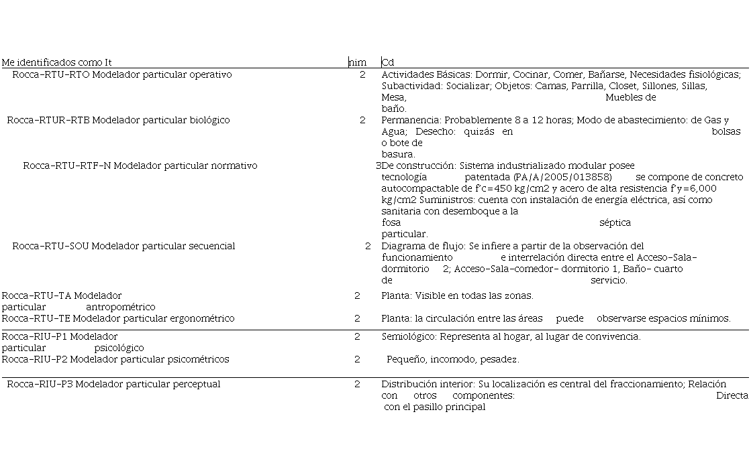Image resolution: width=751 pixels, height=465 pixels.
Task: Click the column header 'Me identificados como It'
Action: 56,62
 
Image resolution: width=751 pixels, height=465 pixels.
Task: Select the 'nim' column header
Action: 357,62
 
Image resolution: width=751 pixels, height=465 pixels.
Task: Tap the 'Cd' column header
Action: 388,62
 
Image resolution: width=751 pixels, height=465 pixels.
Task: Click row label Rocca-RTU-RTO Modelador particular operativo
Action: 121,74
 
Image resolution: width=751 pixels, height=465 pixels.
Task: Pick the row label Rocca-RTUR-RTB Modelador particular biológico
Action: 118,120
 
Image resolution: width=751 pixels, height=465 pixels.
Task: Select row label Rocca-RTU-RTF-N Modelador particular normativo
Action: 140,165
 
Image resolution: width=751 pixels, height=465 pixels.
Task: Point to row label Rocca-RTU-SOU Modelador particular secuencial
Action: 123,246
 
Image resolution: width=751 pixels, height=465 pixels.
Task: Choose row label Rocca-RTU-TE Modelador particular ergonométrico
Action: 118,318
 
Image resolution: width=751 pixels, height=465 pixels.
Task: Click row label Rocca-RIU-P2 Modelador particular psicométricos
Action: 115,359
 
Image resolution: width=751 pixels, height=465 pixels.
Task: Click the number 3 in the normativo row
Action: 378,165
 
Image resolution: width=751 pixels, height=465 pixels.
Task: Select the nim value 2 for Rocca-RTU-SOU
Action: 368,246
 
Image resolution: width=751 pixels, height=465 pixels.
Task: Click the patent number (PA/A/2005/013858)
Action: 562,177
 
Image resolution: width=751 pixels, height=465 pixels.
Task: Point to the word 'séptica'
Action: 615,222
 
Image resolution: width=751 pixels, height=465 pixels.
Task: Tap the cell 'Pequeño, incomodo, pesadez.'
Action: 452,359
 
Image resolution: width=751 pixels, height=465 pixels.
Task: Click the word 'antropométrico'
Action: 120,307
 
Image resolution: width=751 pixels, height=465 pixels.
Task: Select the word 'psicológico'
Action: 119,348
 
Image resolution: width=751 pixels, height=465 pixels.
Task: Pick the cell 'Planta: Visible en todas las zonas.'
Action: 457,295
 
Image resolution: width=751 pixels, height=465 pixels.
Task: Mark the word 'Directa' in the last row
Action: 732,395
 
